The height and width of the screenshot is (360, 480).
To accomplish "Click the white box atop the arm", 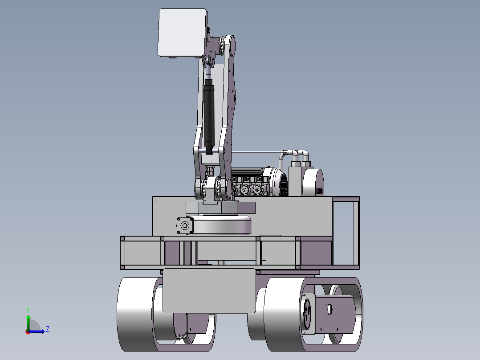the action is [183, 33].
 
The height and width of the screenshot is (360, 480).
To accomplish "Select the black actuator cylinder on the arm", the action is [209, 116].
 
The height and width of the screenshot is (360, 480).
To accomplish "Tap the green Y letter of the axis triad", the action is [28, 310].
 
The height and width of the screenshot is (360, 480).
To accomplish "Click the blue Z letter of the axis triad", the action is [48, 329].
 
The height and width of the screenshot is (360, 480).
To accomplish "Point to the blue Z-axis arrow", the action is [37, 331].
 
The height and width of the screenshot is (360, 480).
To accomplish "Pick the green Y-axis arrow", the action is [28, 323].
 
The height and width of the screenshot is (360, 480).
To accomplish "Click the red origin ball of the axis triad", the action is [28, 332].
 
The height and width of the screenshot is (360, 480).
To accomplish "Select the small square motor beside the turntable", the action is [185, 226].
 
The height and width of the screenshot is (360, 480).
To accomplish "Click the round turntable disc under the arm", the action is [221, 224].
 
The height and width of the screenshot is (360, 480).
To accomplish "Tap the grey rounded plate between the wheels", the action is [209, 291].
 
